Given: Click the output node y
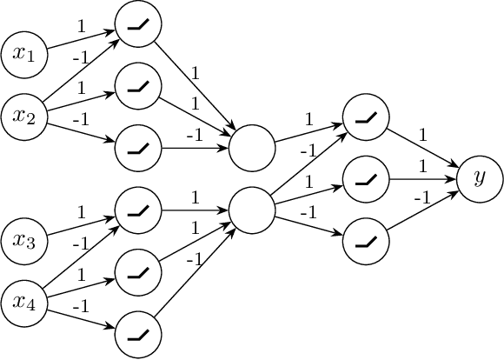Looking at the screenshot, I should (x=479, y=178).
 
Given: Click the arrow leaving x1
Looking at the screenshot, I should (x=81, y=39).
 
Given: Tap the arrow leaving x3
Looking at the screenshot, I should (x=81, y=224).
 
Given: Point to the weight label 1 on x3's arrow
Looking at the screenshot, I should (x=82, y=212).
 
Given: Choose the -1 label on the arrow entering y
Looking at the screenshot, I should (x=423, y=198).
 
